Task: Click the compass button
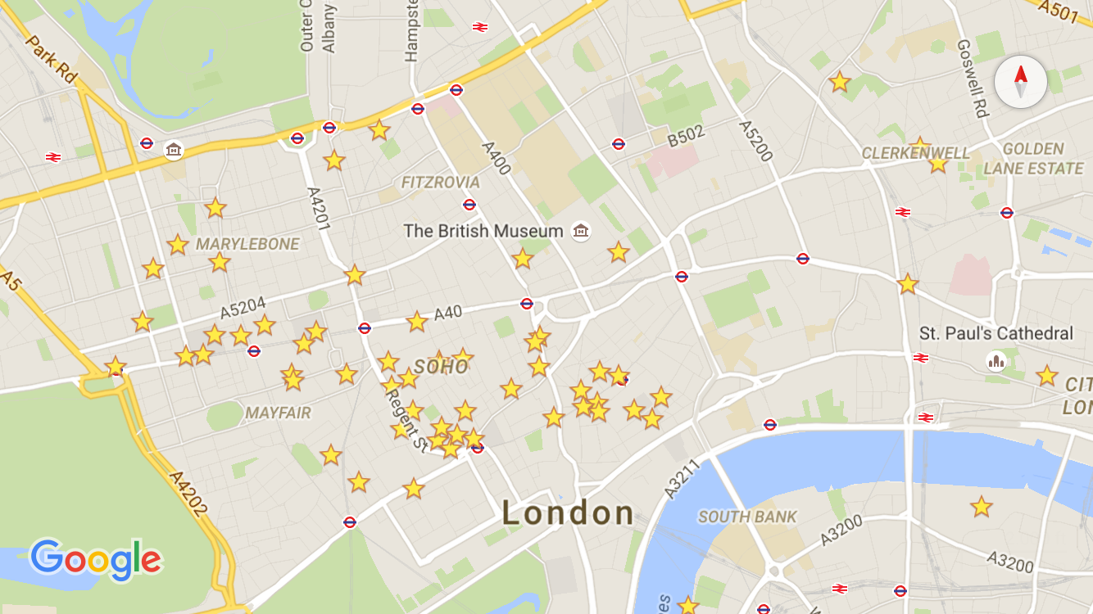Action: [x=1020, y=83]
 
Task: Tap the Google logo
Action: [x=96, y=559]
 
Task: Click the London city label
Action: [x=568, y=514]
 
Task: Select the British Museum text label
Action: [x=483, y=231]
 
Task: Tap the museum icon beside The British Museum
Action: [x=581, y=231]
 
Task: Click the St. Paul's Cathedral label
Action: [x=995, y=333]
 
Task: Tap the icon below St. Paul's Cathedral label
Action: [x=996, y=361]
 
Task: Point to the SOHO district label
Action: [x=441, y=367]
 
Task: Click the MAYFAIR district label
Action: [x=278, y=413]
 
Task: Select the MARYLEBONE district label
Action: [x=247, y=244]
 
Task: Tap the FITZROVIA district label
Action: [x=440, y=182]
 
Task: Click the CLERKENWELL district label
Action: [x=915, y=153]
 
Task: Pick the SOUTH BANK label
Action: [x=747, y=517]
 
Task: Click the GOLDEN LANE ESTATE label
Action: [x=1033, y=159]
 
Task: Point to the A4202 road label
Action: [x=188, y=493]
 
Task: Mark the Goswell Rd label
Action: [x=972, y=79]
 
